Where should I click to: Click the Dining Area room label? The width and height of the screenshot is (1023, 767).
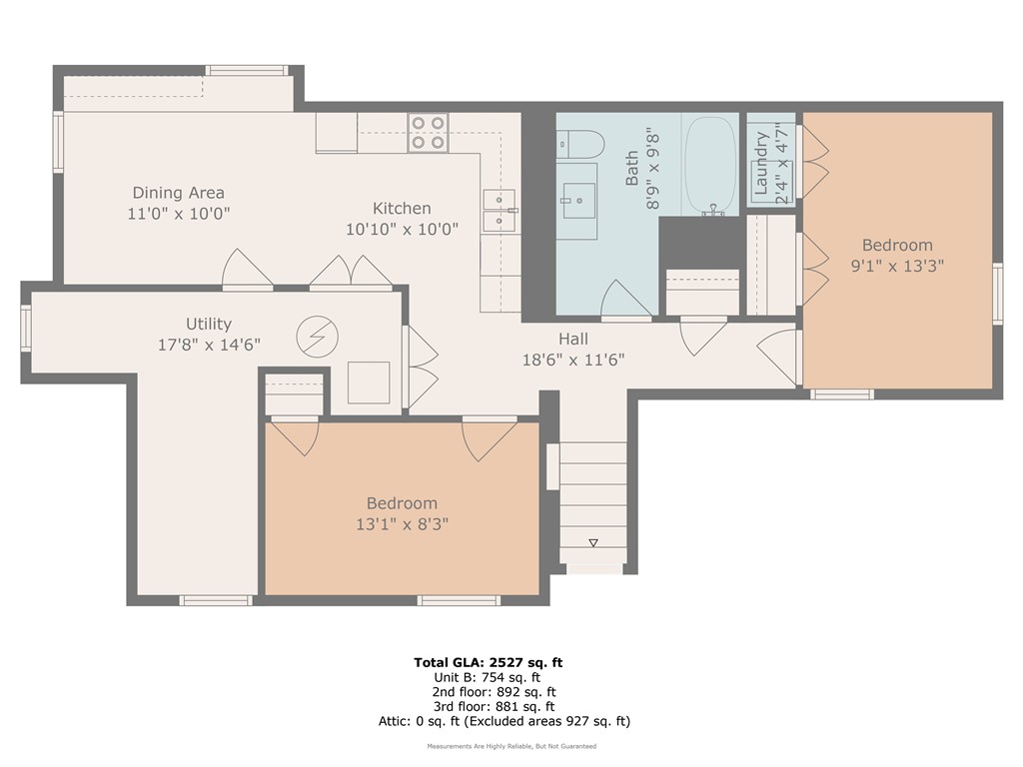179,193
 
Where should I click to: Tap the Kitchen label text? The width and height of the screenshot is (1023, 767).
402,209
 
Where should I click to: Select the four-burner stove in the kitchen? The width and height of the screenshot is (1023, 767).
428,133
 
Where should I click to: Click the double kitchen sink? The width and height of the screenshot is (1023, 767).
499,211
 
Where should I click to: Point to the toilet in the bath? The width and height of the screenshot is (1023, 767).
578,144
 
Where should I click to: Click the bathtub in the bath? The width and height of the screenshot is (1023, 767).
710,165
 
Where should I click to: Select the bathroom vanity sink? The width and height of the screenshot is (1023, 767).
577,201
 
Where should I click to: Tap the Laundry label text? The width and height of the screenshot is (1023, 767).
762,163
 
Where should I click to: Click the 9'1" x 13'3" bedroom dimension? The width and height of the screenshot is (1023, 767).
897,266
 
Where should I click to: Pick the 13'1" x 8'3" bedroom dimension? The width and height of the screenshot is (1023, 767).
402,523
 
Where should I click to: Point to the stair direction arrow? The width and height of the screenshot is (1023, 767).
592,542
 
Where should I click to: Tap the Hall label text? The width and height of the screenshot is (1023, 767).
573,340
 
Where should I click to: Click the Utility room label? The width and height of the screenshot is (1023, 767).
208,324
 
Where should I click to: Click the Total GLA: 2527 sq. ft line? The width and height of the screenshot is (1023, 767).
496,661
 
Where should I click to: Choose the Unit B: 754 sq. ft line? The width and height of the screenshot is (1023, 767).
496,676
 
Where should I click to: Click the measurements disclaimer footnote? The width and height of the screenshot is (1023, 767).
511,746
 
